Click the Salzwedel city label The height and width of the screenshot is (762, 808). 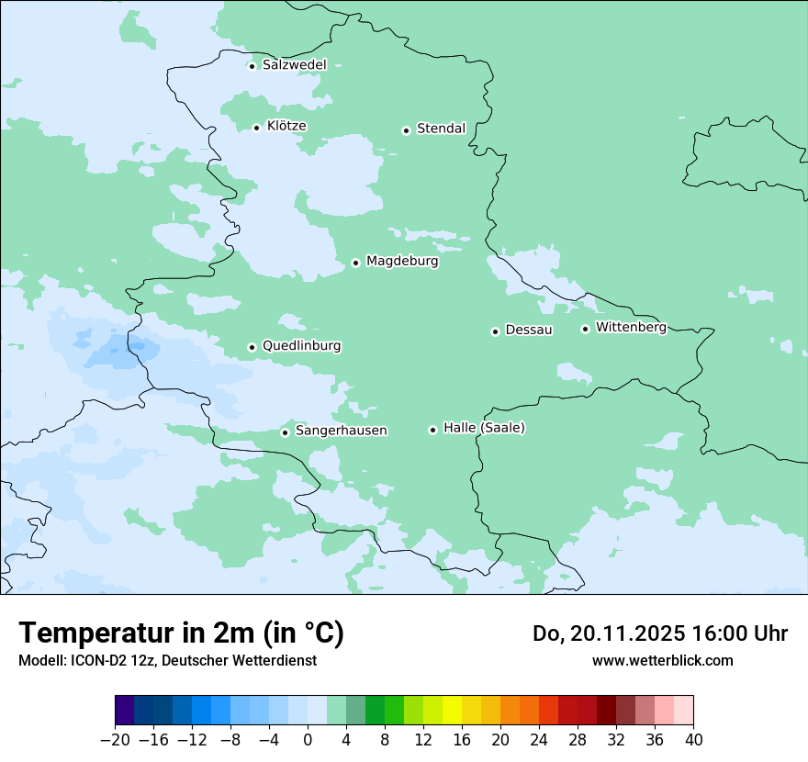tap(294, 65)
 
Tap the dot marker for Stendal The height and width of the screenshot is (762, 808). tap(406, 130)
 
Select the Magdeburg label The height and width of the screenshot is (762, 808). tap(402, 262)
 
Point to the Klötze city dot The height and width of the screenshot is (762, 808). tap(256, 128)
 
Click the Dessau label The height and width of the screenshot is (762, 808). tap(529, 330)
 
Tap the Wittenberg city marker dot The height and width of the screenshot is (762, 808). tap(585, 329)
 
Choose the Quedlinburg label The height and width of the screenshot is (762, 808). tap(301, 346)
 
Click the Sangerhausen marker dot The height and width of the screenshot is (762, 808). tap(285, 432)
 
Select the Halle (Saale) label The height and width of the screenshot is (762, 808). tap(484, 428)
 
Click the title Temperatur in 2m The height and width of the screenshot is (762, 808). tap(181, 633)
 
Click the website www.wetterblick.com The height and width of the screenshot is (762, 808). tap(662, 660)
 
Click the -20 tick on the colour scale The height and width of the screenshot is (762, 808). tap(115, 740)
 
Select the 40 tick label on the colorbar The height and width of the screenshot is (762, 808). tap(693, 740)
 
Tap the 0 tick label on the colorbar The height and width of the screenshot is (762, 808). tap(308, 740)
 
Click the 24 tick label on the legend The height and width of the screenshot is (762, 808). tap(539, 740)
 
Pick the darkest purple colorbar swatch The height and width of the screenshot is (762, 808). tap(124, 711)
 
